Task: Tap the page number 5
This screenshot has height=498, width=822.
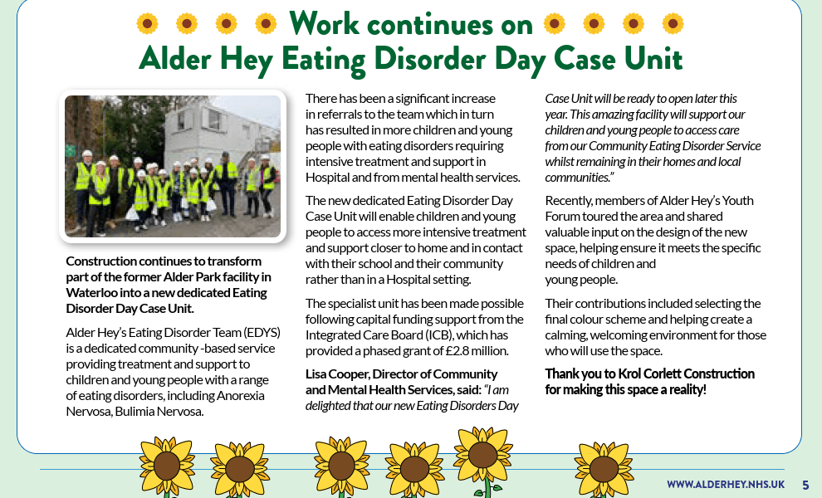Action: [805, 484]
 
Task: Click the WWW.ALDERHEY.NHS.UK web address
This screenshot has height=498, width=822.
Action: [725, 484]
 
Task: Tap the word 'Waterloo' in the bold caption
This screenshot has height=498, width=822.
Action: [91, 292]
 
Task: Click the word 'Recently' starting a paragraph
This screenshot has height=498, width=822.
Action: [570, 200]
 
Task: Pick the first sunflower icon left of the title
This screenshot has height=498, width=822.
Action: [147, 24]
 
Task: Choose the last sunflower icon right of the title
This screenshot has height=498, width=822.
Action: [673, 24]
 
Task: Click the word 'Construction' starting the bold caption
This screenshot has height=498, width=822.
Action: [101, 261]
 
